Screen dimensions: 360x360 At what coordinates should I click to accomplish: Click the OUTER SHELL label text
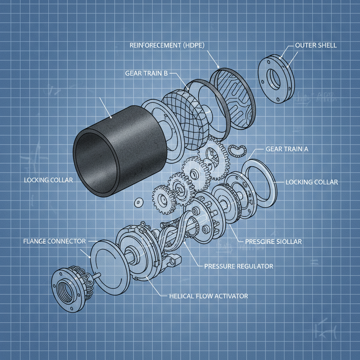tap(316, 45)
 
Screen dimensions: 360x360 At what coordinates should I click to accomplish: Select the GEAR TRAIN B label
tap(146, 73)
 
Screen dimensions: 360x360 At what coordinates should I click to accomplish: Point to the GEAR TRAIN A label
tap(287, 149)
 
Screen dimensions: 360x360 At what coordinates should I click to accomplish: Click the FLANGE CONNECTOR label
tap(54, 241)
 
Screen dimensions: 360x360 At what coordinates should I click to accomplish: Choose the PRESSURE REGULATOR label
tap(239, 266)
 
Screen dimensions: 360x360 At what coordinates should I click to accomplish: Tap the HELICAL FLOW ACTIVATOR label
tap(208, 296)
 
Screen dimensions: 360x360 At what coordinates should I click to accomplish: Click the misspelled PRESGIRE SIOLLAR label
tap(274, 242)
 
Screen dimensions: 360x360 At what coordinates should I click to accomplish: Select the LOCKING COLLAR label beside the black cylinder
tap(49, 180)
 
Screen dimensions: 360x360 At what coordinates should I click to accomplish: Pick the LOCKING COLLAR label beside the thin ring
tap(311, 182)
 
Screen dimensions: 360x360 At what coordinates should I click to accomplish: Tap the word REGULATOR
tap(255, 266)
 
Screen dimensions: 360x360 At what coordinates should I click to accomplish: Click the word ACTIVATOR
tap(230, 296)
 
